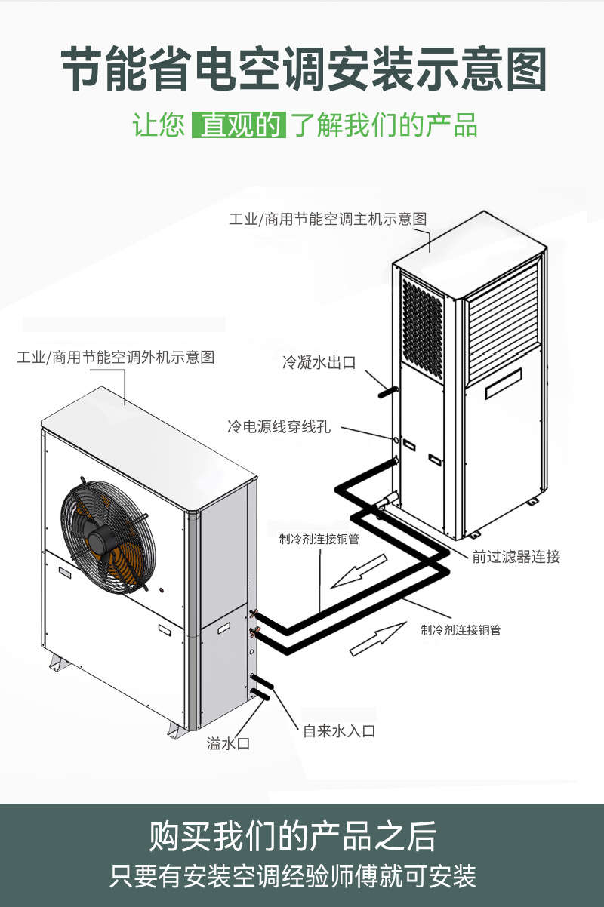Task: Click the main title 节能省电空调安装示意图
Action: click(x=302, y=70)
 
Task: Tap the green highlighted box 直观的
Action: click(x=239, y=125)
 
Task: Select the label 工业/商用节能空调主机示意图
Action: click(x=328, y=219)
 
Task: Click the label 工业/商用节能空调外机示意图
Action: click(x=116, y=357)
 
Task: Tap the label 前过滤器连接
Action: click(x=516, y=557)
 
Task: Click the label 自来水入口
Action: click(x=339, y=730)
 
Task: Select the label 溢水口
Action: click(x=228, y=744)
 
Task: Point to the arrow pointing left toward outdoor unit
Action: click(x=359, y=571)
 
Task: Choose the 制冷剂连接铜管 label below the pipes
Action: click(x=461, y=629)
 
